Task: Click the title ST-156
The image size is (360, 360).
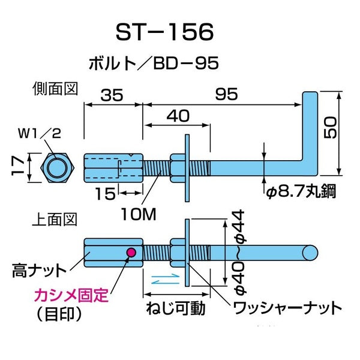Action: coord(163,32)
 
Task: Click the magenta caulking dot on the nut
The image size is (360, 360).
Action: coord(129,253)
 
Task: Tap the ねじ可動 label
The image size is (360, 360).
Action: coord(176,309)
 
